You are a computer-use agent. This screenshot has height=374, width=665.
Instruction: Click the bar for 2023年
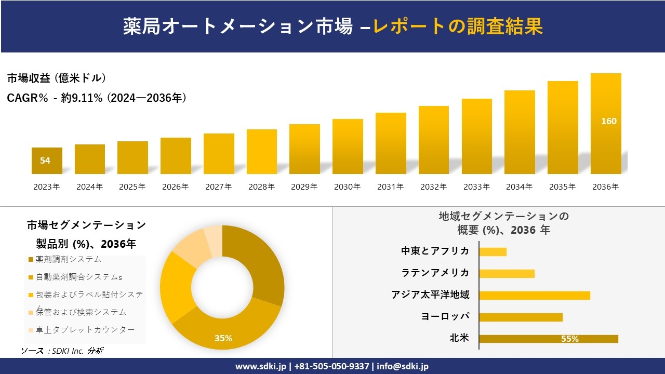[47, 161]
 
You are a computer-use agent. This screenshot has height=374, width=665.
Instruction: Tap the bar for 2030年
[348, 146]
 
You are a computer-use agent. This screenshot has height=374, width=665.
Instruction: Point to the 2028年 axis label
[261, 187]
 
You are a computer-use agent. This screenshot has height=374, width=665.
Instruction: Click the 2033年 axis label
[476, 187]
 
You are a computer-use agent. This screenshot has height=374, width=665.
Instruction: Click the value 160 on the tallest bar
[608, 121]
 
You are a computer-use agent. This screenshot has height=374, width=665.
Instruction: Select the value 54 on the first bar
[45, 161]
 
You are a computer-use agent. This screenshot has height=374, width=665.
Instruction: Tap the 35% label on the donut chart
[223, 338]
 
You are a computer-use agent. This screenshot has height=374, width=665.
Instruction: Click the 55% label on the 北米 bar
[569, 339]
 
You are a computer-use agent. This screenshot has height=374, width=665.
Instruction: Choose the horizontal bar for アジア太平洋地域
[535, 296]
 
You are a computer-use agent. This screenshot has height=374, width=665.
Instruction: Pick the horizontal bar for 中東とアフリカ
[493, 252]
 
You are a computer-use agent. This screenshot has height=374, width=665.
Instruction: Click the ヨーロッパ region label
[445, 316]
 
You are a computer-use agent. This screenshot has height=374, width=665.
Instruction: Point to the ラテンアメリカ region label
[435, 273]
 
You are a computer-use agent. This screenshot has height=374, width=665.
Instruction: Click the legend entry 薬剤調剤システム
[68, 259]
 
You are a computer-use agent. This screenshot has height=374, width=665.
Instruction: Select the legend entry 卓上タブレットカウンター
[85, 330]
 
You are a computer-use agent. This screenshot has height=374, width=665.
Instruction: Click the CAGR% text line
[97, 98]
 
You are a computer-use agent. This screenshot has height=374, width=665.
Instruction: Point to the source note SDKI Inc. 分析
[62, 351]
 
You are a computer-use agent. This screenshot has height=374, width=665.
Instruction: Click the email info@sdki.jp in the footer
[403, 366]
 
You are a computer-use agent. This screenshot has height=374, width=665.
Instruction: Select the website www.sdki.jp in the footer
[260, 366]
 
